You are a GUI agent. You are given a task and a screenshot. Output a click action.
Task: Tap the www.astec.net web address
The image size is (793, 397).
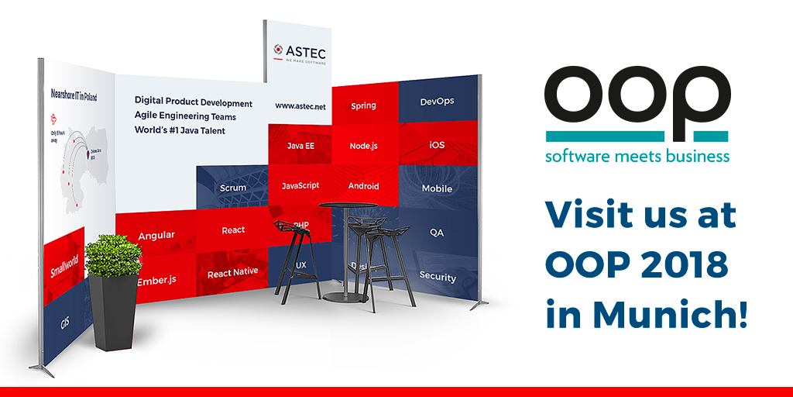300,105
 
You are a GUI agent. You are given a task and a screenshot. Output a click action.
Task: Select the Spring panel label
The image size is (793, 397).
363,105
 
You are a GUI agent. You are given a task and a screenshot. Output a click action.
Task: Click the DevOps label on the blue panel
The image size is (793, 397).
437,102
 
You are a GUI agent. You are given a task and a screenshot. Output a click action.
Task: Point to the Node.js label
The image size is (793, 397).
363,146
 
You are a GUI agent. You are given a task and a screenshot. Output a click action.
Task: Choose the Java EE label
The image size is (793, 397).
300,146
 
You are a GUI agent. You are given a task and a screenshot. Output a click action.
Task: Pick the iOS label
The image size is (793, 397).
437,145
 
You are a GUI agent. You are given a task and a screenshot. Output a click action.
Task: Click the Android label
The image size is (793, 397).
363,186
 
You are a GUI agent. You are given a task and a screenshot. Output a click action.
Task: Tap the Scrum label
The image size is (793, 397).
233,188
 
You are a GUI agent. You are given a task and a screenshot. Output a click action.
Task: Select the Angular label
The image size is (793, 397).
156,235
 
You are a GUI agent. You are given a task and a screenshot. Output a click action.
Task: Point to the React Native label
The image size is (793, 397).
232,273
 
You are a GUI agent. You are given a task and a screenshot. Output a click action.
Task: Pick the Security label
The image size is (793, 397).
438,276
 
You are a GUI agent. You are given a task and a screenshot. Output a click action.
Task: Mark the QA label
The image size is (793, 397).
437,232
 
